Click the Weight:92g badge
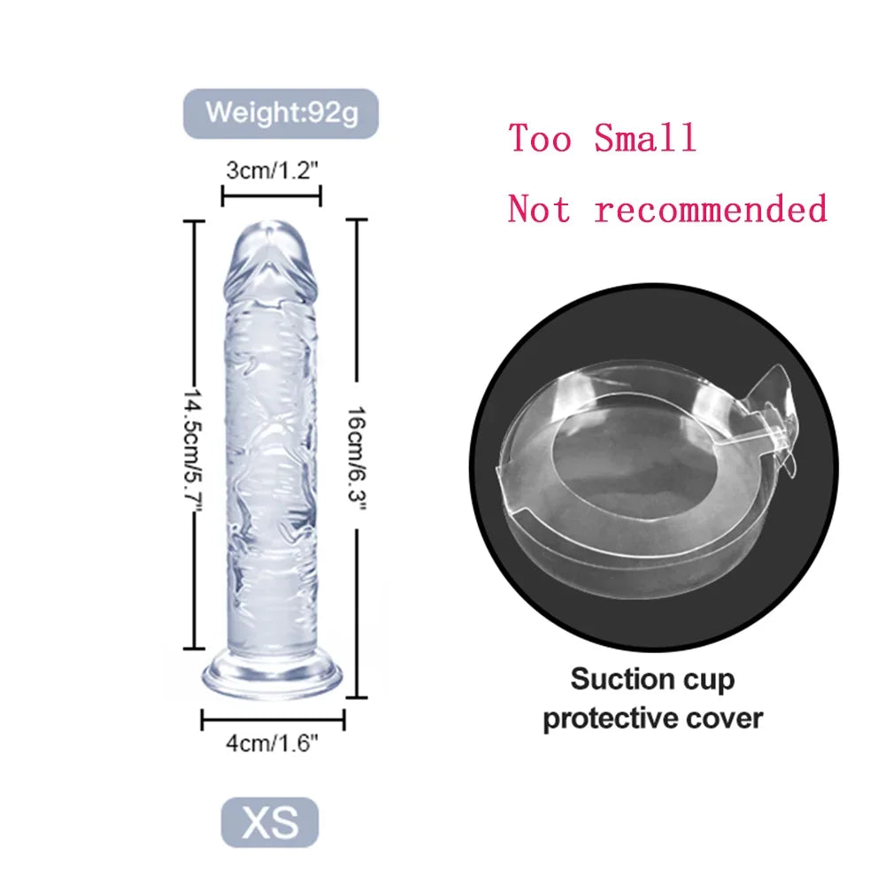click(x=281, y=113)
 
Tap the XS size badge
click(x=270, y=822)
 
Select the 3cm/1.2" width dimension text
click(x=272, y=170)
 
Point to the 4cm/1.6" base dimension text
click(x=272, y=743)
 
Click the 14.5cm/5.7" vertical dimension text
click(x=194, y=450)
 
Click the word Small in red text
click(x=645, y=138)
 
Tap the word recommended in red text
click(x=711, y=209)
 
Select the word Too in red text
click(x=540, y=138)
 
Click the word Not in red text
click(x=539, y=209)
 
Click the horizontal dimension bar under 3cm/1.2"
click(x=272, y=196)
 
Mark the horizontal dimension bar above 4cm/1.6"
click(x=273, y=720)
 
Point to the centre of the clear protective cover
click(x=638, y=480)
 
